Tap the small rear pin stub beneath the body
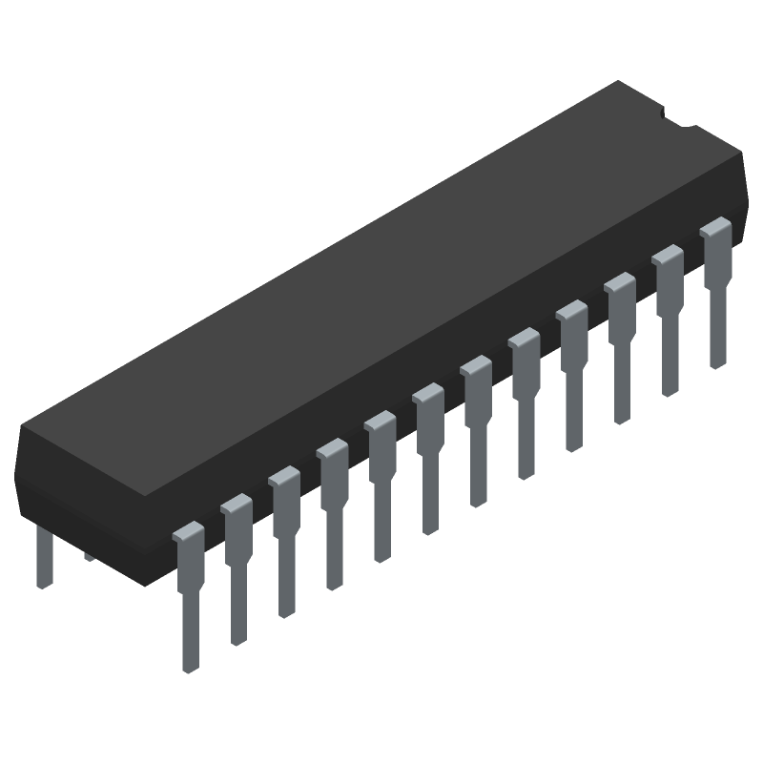[89, 555]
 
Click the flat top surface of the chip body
[381, 286]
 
